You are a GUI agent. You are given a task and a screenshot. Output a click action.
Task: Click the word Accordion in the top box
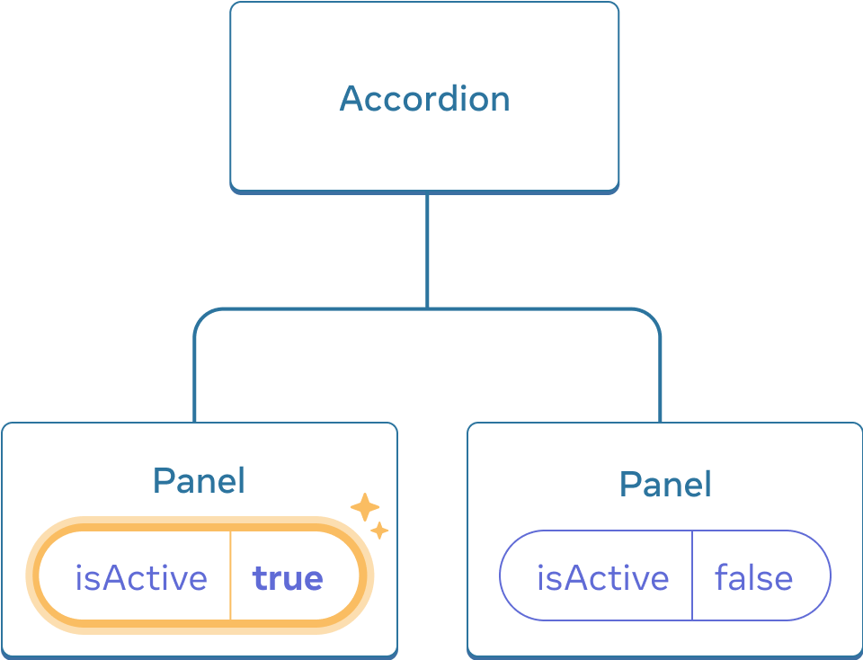(x=424, y=98)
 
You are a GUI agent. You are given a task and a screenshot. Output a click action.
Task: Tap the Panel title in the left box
(x=199, y=480)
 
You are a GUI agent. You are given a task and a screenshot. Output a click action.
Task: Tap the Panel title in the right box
(x=665, y=485)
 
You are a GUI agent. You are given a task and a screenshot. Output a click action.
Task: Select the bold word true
(x=288, y=578)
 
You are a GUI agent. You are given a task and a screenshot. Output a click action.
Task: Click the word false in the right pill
(x=753, y=577)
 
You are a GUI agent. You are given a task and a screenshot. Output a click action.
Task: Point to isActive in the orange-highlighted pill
(x=141, y=578)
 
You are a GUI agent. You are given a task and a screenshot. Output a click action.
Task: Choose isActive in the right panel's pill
(x=602, y=577)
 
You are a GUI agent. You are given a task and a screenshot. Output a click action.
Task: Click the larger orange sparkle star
(x=364, y=507)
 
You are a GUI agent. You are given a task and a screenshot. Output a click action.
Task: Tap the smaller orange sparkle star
(x=379, y=531)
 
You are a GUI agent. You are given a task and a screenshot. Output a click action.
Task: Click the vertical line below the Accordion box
(x=427, y=252)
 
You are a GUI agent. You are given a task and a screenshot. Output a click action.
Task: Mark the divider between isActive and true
(x=230, y=575)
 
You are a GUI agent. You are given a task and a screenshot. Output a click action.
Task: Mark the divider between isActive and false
(x=692, y=575)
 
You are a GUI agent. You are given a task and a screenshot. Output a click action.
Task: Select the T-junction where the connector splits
(x=427, y=309)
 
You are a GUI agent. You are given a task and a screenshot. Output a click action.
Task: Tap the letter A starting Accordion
(x=351, y=99)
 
